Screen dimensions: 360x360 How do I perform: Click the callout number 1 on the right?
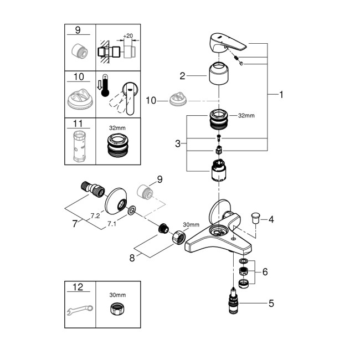[281, 95]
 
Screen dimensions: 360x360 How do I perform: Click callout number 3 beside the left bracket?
[178, 143]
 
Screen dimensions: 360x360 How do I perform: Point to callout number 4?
[271, 220]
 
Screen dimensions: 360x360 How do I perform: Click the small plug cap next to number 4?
[256, 217]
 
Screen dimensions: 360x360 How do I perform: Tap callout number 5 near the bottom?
[271, 303]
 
